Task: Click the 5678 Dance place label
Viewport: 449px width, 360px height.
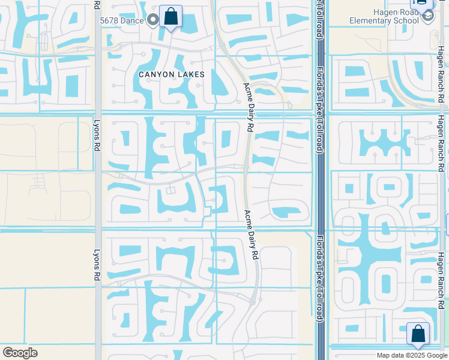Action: [x=122, y=20]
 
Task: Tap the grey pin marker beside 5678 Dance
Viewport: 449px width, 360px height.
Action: [x=154, y=20]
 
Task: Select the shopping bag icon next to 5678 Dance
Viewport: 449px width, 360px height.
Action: [x=171, y=16]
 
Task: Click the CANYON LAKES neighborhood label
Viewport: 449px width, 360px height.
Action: [x=171, y=74]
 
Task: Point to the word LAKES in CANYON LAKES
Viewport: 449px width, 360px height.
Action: [x=191, y=74]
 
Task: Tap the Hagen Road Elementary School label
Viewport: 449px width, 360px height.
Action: [x=384, y=16]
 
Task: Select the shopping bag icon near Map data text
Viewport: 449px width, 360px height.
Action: [x=418, y=334]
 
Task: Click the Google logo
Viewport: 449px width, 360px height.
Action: [x=20, y=353]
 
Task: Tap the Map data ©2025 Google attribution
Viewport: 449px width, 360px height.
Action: [x=412, y=355]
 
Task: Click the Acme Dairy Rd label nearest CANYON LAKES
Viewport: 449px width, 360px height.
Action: [x=248, y=107]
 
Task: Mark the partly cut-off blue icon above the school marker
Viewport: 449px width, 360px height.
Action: [x=424, y=3]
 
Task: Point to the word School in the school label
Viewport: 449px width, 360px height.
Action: [x=406, y=20]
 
